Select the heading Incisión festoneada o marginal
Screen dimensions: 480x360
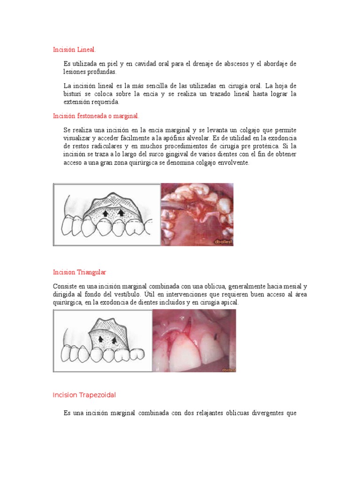[96, 116]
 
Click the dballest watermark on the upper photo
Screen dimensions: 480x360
[223, 242]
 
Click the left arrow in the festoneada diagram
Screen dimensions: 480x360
[107, 213]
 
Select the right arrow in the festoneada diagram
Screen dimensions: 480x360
[121, 213]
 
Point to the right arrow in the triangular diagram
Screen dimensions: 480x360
[114, 338]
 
